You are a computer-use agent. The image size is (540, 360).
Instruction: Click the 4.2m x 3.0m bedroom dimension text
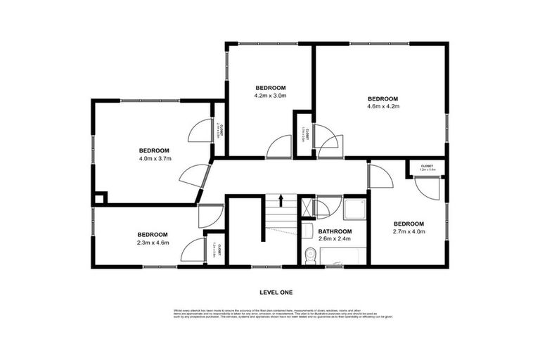pos(270,95)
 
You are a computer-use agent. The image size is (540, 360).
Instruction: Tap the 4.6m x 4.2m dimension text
pos(382,107)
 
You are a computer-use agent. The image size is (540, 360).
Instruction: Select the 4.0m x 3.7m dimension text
pos(153,159)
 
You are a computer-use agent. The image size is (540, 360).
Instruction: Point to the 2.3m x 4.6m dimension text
pos(152,243)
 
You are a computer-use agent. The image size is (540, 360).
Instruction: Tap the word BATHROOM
pos(334,231)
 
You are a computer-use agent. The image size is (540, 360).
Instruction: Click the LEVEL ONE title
pos(276,292)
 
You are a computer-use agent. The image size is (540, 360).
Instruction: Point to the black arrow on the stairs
pos(281,200)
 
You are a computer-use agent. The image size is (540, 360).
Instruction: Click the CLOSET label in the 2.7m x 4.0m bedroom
pos(427,167)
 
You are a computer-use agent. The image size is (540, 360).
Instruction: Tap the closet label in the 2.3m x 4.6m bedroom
pos(219,250)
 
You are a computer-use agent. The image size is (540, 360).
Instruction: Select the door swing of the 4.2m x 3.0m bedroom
pos(278,146)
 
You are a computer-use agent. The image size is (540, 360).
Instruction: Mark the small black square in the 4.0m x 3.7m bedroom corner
pos(99,198)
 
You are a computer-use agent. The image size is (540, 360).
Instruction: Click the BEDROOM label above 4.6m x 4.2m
pos(382,98)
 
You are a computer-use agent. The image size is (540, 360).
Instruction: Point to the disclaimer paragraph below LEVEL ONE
pos(276,314)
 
